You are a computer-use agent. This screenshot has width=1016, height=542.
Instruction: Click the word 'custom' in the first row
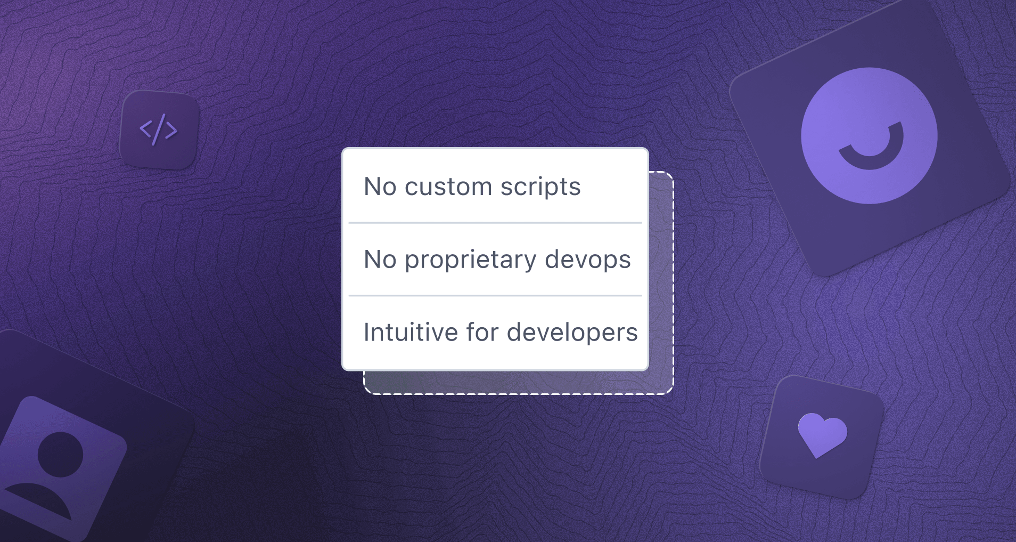tap(448, 187)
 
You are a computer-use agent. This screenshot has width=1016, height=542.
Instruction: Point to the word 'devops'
tap(588, 260)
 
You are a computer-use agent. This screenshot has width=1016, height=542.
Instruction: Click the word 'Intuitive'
tap(411, 333)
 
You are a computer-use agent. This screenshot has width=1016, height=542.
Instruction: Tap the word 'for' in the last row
tap(482, 333)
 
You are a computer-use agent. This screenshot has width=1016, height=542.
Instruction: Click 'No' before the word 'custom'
tap(380, 187)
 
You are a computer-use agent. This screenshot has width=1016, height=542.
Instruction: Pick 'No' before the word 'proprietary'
tap(380, 260)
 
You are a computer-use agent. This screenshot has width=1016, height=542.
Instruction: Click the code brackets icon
tap(159, 130)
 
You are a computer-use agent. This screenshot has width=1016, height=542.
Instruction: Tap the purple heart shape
tap(822, 434)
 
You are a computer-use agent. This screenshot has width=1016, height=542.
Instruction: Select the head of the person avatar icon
tap(61, 455)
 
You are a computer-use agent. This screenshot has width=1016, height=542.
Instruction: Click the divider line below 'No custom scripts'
tap(495, 223)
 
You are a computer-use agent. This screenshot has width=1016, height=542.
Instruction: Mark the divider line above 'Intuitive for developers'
tap(495, 295)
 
